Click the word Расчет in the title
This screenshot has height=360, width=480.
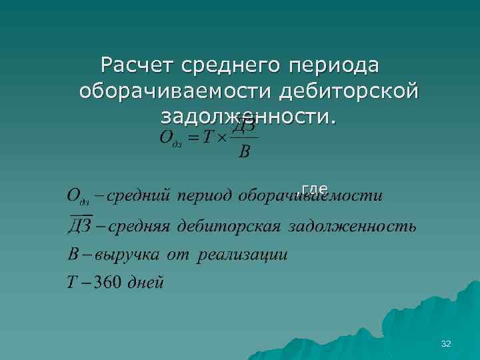coord(137,65)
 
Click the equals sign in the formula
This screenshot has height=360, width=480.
coord(192,139)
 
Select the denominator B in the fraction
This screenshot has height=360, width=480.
coord(244,153)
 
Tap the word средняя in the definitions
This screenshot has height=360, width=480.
coord(141,226)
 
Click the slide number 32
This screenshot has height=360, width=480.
coord(446,343)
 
